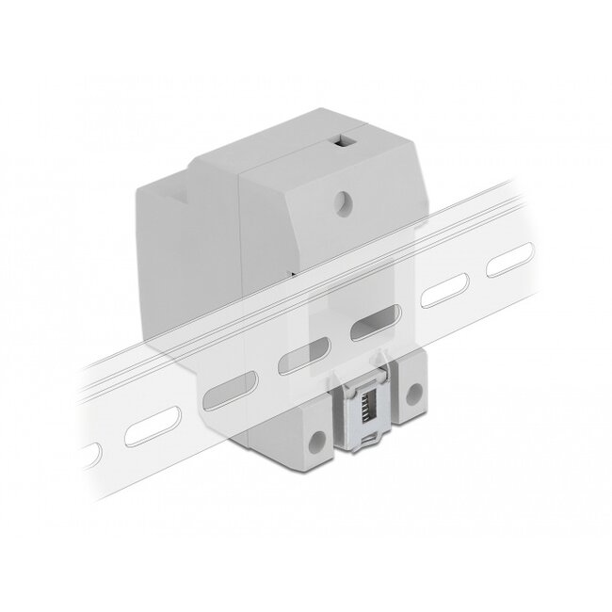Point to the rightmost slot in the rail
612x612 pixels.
pyautogui.click(x=506, y=265)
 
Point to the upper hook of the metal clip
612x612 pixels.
pyautogui.click(x=364, y=363)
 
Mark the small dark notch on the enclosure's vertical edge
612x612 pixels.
pyautogui.click(x=293, y=272)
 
